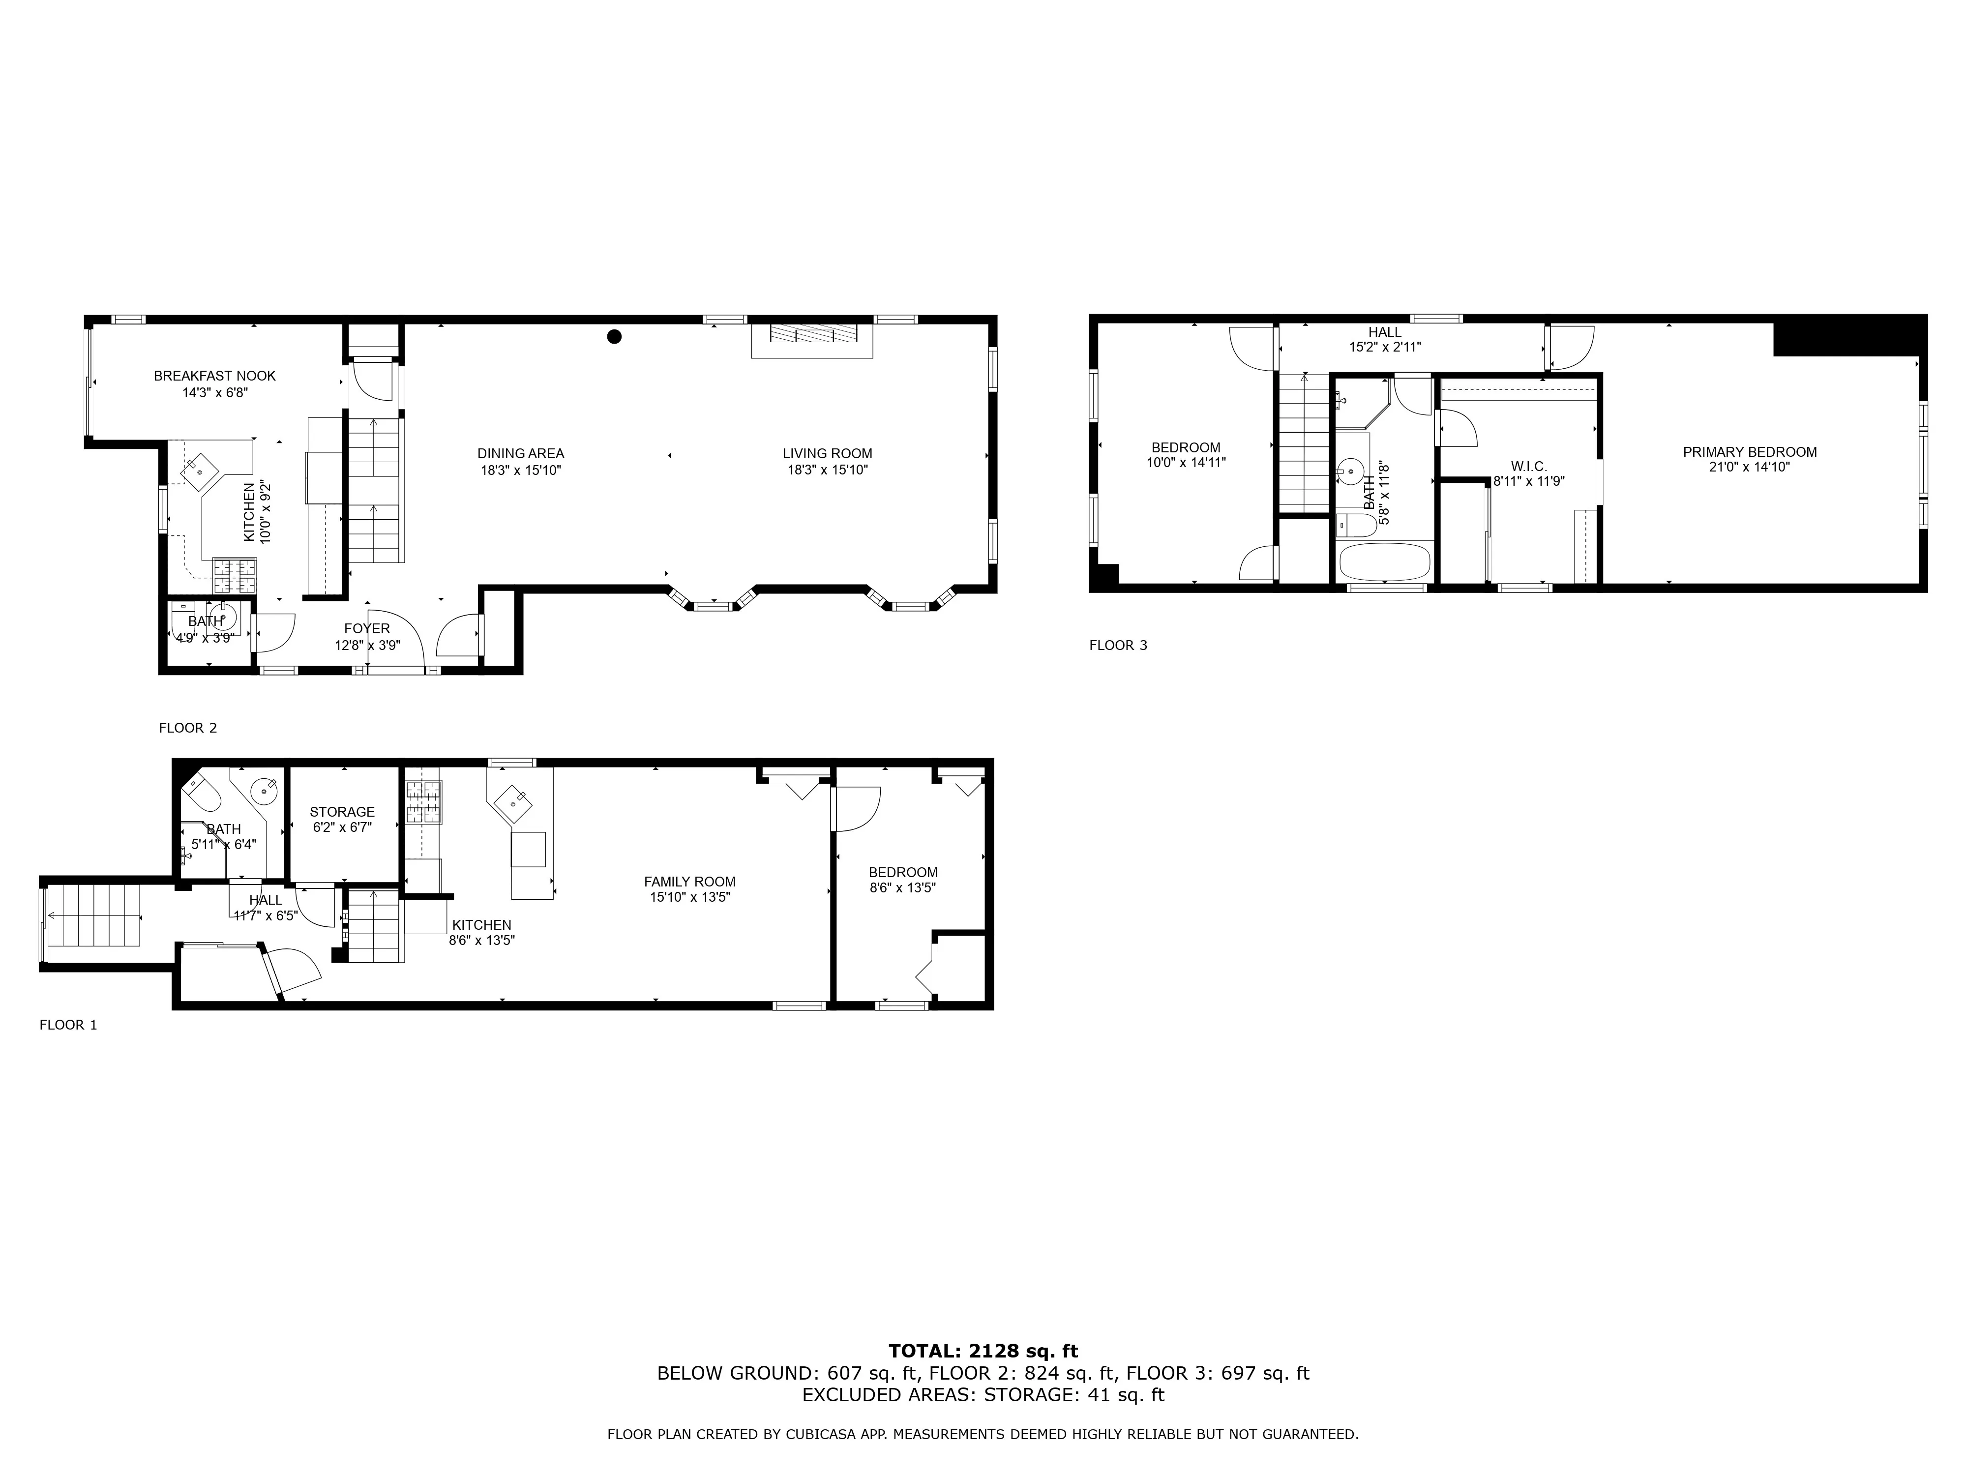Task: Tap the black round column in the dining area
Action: pos(614,336)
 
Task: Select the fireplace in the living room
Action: pos(812,334)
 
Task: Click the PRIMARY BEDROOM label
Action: pos(1749,452)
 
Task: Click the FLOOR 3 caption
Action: pos(1118,646)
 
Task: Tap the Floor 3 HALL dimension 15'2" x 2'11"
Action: pos(1385,348)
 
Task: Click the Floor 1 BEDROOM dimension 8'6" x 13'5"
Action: pos(902,887)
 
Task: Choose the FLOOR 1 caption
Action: pos(68,1025)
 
